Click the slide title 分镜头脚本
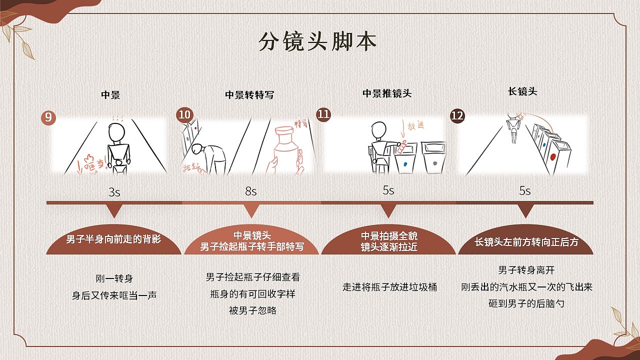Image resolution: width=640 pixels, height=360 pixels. [317, 42]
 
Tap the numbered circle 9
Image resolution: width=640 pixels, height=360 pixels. [48, 118]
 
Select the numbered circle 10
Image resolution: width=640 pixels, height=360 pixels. [184, 115]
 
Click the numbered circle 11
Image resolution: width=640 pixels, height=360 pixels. [323, 114]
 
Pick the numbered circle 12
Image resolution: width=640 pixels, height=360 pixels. [457, 116]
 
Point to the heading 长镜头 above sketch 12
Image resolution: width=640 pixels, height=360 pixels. [522, 91]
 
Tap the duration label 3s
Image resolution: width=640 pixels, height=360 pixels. [114, 192]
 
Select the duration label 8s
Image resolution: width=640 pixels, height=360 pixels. [250, 191]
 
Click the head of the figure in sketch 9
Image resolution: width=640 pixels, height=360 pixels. [116, 133]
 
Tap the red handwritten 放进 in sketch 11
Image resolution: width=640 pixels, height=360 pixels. [415, 126]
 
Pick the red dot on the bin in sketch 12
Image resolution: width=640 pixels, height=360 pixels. [553, 157]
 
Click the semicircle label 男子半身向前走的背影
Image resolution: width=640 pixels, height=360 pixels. [114, 239]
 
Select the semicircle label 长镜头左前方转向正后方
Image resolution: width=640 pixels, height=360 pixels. [526, 242]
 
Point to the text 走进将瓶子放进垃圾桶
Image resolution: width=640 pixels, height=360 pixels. [389, 287]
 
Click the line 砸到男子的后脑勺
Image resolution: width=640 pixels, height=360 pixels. [526, 303]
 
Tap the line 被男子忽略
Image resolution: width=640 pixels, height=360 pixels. [252, 310]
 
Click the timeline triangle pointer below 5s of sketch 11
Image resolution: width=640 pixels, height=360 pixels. [388, 212]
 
